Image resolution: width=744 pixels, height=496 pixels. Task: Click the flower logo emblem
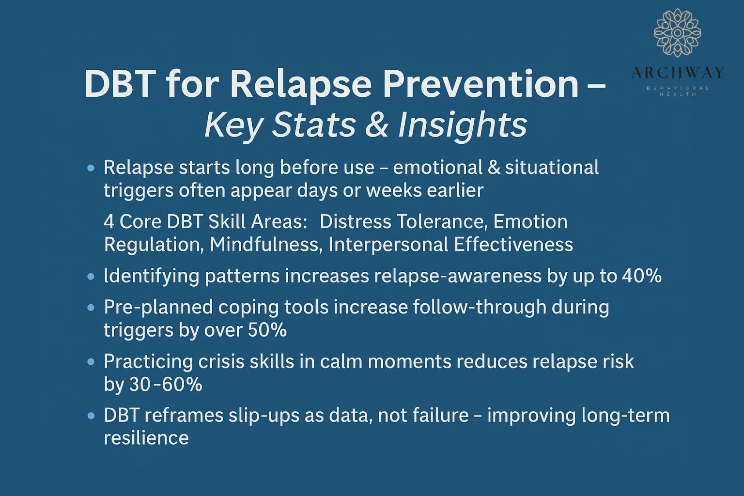click(x=677, y=33)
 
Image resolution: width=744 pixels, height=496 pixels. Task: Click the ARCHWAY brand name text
click(x=677, y=73)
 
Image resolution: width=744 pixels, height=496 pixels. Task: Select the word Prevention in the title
click(x=480, y=84)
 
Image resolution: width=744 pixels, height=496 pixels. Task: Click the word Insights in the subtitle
click(x=462, y=125)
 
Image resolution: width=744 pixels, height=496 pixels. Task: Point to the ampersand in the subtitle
click(x=377, y=125)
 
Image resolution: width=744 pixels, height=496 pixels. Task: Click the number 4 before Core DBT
click(x=109, y=222)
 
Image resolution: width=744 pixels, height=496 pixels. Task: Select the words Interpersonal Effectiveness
click(x=450, y=245)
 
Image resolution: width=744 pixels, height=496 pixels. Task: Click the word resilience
click(x=146, y=438)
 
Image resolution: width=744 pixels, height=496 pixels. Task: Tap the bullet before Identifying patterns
click(x=91, y=277)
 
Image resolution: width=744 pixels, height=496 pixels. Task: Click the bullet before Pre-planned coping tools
click(x=91, y=308)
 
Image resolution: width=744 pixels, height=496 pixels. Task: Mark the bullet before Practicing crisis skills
click(x=91, y=362)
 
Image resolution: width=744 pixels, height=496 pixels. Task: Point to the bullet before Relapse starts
click(x=91, y=168)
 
